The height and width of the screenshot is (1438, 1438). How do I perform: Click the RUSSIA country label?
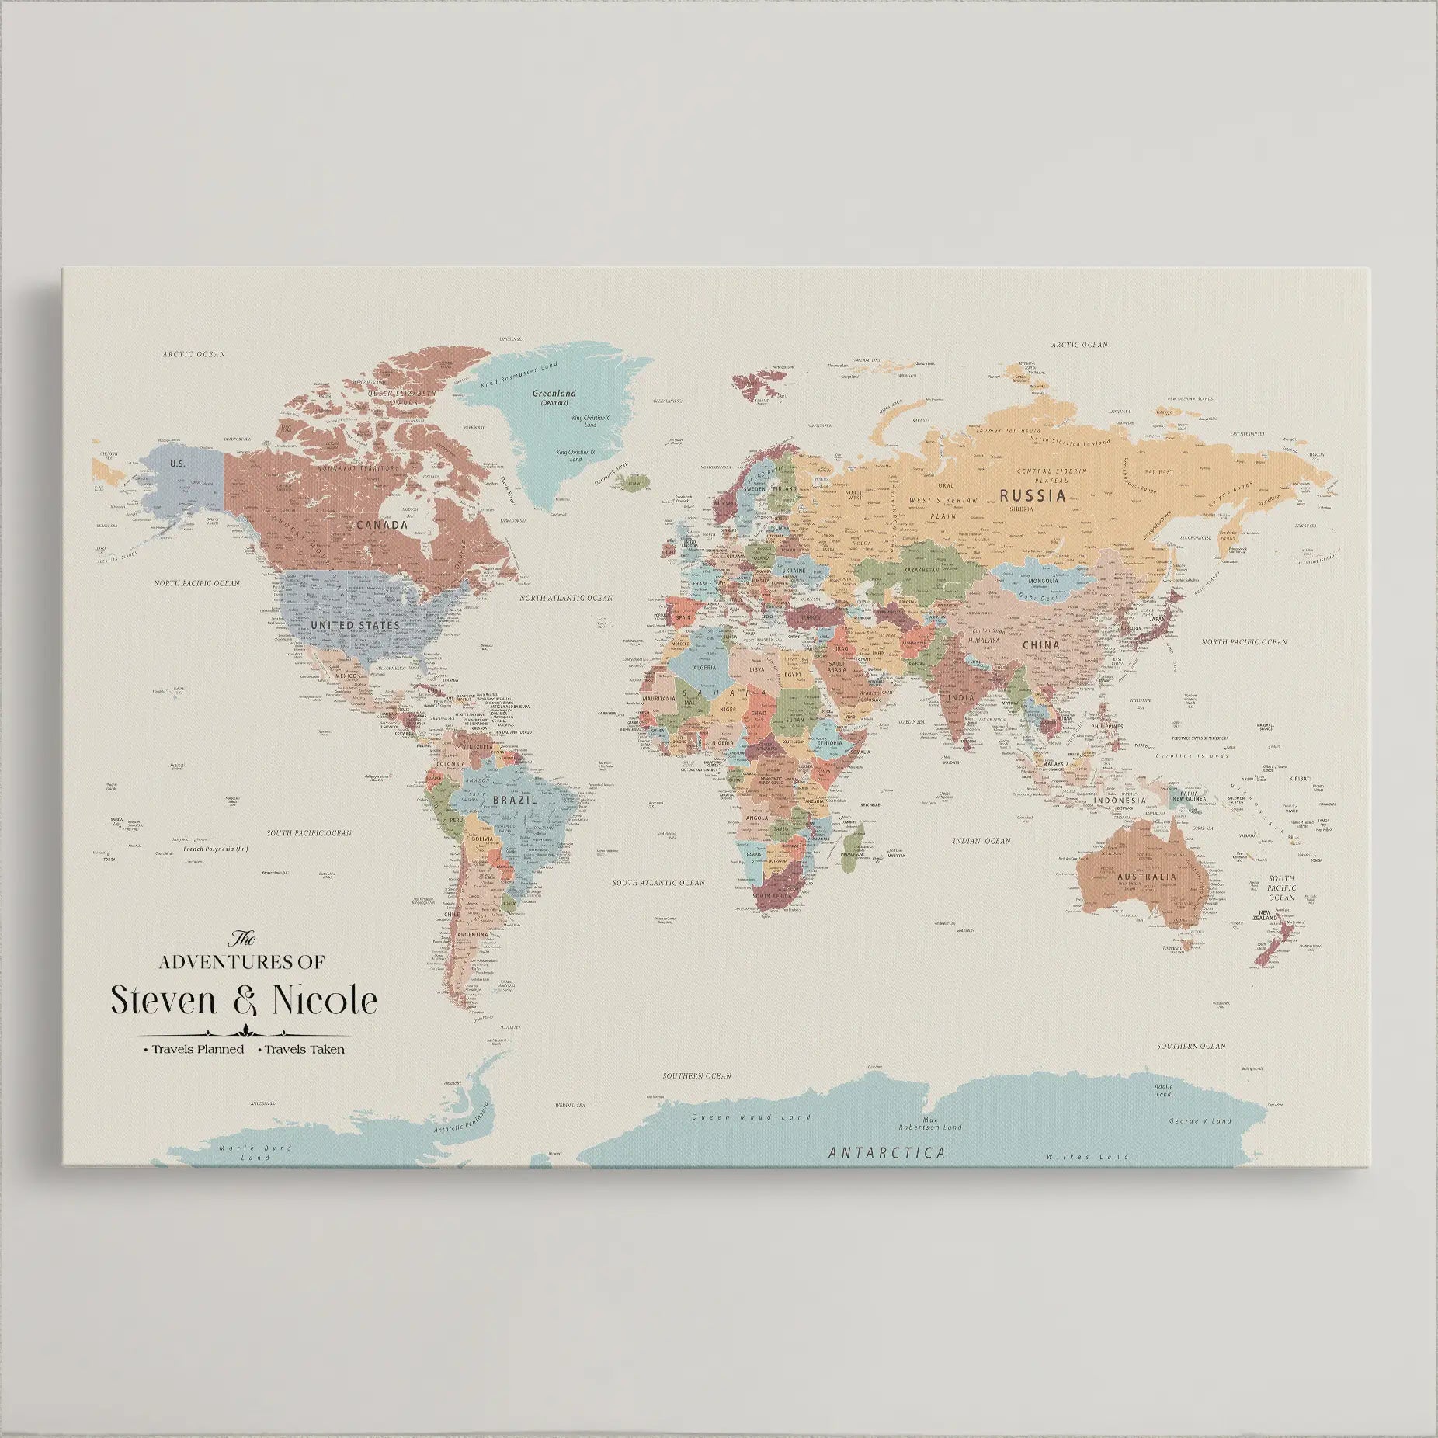1032,495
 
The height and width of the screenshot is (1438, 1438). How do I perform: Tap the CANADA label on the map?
381,525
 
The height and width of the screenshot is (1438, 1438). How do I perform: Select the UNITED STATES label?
355,624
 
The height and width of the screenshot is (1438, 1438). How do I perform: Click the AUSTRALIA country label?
1146,877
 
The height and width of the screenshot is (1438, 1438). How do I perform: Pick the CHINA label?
1040,645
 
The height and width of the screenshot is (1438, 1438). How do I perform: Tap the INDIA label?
960,698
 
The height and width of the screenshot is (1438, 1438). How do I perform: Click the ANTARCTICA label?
887,1152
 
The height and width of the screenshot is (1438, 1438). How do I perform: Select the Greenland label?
554,394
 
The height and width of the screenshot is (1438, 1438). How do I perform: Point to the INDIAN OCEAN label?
981,841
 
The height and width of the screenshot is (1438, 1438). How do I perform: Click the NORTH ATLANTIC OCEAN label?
565,598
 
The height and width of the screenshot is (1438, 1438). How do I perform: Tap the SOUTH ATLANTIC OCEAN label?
658,883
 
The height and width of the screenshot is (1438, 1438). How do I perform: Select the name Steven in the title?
163,1000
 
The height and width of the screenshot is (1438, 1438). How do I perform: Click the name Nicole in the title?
324,1000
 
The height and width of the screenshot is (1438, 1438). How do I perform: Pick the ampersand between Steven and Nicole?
243,1000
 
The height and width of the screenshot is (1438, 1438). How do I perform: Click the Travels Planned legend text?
197,1049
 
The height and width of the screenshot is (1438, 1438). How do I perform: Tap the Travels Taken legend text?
304,1049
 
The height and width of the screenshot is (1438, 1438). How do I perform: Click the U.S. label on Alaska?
177,464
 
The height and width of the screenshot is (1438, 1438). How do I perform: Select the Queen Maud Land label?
751,1117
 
